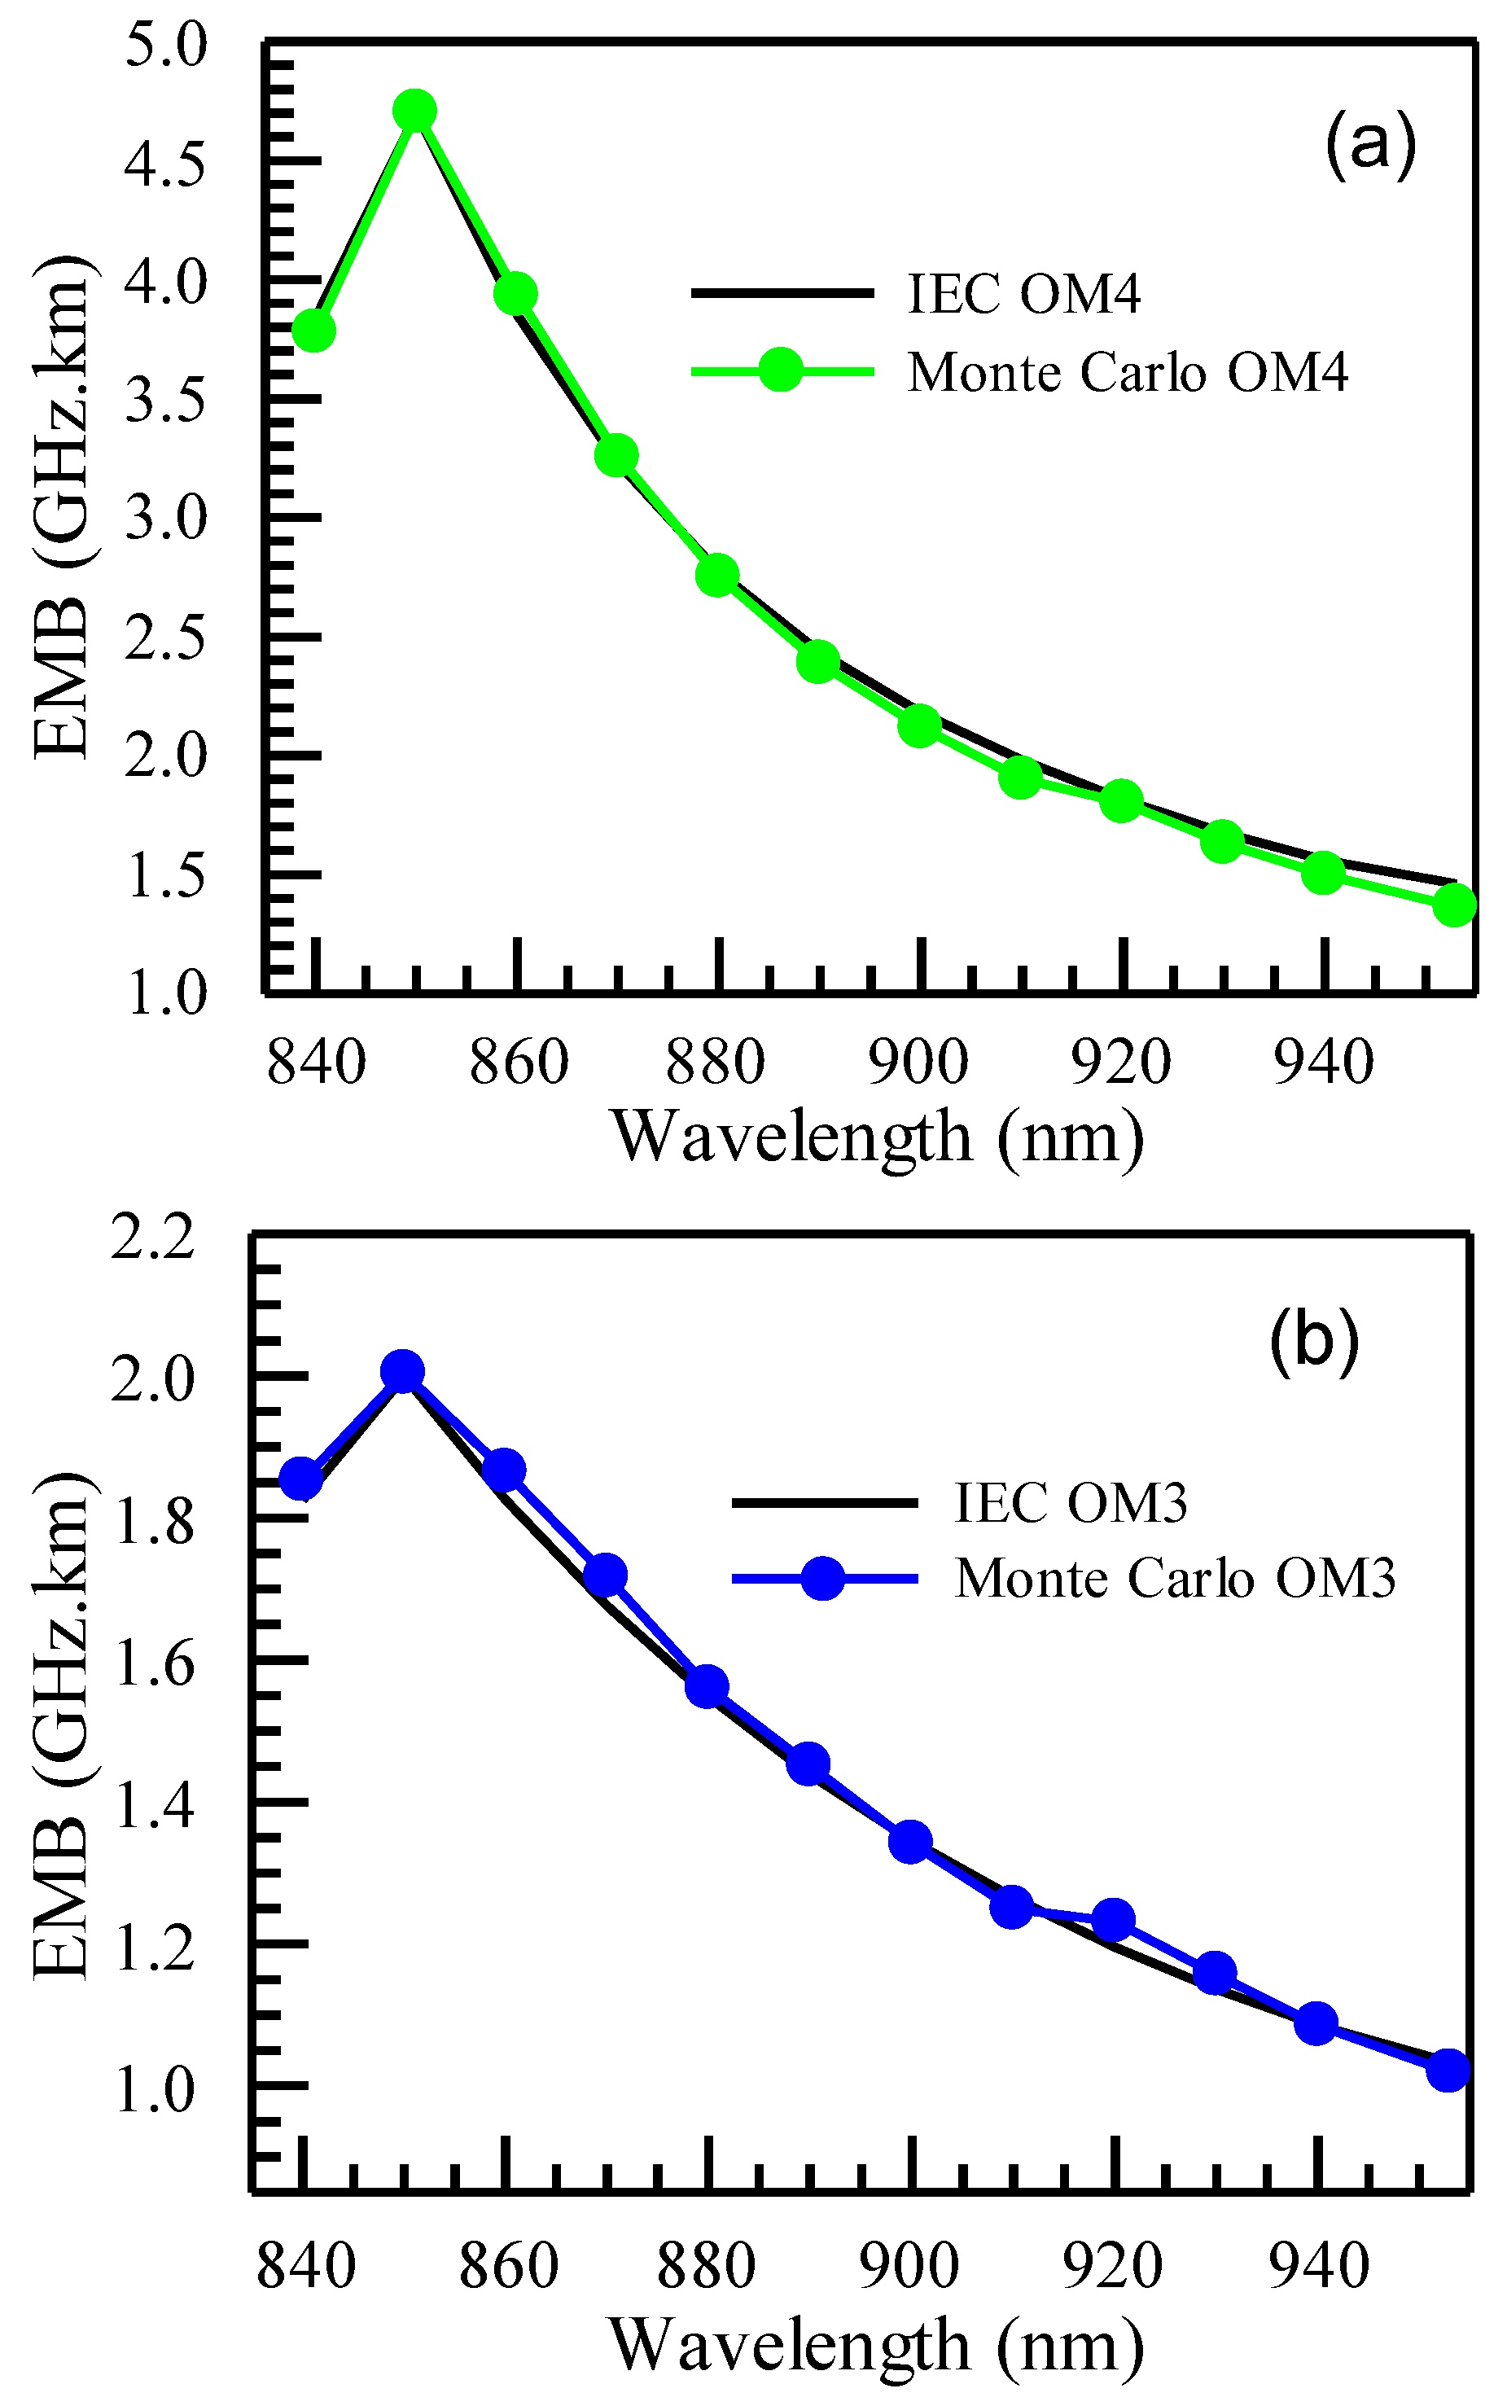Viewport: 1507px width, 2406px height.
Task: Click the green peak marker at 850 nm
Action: tap(414, 111)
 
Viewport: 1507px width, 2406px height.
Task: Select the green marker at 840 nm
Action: tap(314, 330)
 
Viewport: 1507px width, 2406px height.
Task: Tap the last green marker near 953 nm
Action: tap(1454, 905)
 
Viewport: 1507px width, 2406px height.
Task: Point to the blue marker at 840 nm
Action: tap(301, 1479)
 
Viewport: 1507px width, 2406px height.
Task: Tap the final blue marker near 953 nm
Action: tap(1448, 2070)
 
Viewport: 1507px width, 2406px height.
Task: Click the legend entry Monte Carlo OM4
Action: tap(1126, 372)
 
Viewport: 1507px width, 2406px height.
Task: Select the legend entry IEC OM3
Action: tap(1070, 1502)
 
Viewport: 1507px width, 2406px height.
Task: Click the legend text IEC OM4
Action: tap(1023, 293)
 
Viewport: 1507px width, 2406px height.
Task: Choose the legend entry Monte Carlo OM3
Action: tap(1174, 1578)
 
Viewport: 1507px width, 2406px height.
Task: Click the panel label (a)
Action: tap(1369, 146)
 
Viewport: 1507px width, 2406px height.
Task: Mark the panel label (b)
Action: tap(1314, 1342)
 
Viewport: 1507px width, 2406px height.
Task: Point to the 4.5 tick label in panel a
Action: tap(164, 161)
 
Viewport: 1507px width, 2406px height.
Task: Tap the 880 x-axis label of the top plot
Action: tap(715, 1063)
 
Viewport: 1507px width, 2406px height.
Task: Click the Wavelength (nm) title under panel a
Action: tap(877, 1135)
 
